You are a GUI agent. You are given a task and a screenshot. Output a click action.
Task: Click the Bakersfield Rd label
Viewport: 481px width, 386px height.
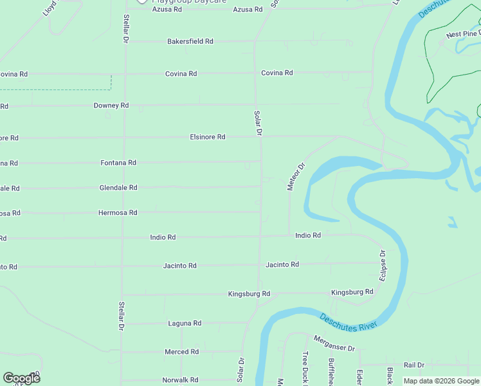point(190,41)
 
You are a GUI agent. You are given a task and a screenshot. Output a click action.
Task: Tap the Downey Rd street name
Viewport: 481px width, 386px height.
point(111,106)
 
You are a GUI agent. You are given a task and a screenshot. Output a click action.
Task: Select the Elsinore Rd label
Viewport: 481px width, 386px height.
point(207,137)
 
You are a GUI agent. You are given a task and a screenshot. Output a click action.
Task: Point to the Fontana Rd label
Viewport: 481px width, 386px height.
point(118,163)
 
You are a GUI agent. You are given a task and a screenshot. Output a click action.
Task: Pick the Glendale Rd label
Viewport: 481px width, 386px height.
point(118,188)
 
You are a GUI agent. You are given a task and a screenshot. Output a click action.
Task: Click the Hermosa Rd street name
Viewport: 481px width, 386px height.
point(118,212)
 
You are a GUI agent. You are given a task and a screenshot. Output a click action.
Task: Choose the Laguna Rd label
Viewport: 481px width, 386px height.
point(185,324)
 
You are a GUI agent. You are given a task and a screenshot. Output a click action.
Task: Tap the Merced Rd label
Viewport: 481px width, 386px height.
point(181,352)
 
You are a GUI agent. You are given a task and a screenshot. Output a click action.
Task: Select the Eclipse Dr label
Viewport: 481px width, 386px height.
point(383,265)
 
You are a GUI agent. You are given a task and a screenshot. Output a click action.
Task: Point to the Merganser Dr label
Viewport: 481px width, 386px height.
point(334,344)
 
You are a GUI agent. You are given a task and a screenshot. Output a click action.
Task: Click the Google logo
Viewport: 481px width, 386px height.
point(21,378)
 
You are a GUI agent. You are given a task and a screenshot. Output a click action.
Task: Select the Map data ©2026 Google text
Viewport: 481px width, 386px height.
point(442,381)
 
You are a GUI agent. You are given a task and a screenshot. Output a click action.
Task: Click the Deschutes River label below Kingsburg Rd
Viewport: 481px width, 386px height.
point(348,321)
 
